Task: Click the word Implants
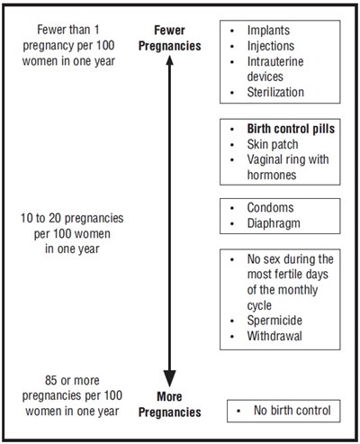tap(268, 31)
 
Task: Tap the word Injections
tap(271, 46)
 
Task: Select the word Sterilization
tap(275, 92)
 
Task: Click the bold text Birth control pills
tap(291, 129)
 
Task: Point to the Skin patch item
tap(273, 144)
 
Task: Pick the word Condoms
tap(270, 208)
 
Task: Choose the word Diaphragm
tap(274, 223)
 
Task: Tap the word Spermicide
tap(274, 321)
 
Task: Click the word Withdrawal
tap(274, 336)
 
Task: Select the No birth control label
tap(292, 410)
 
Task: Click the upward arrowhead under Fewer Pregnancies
tap(170, 60)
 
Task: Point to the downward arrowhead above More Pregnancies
tap(170, 378)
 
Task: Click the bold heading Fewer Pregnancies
tap(170, 38)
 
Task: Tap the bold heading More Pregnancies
tap(170, 404)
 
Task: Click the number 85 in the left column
tap(51, 380)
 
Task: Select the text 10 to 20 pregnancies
tap(72, 218)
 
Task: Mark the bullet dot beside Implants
tap(232, 31)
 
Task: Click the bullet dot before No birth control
tap(238, 411)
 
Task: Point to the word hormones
tap(272, 175)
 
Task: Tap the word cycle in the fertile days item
tap(259, 305)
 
